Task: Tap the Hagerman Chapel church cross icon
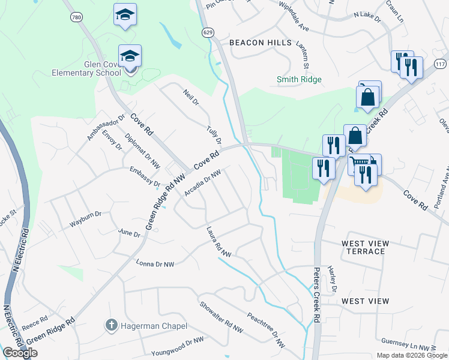point(111,326)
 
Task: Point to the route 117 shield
point(441,64)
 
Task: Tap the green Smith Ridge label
point(299,79)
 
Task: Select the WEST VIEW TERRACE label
point(365,247)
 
